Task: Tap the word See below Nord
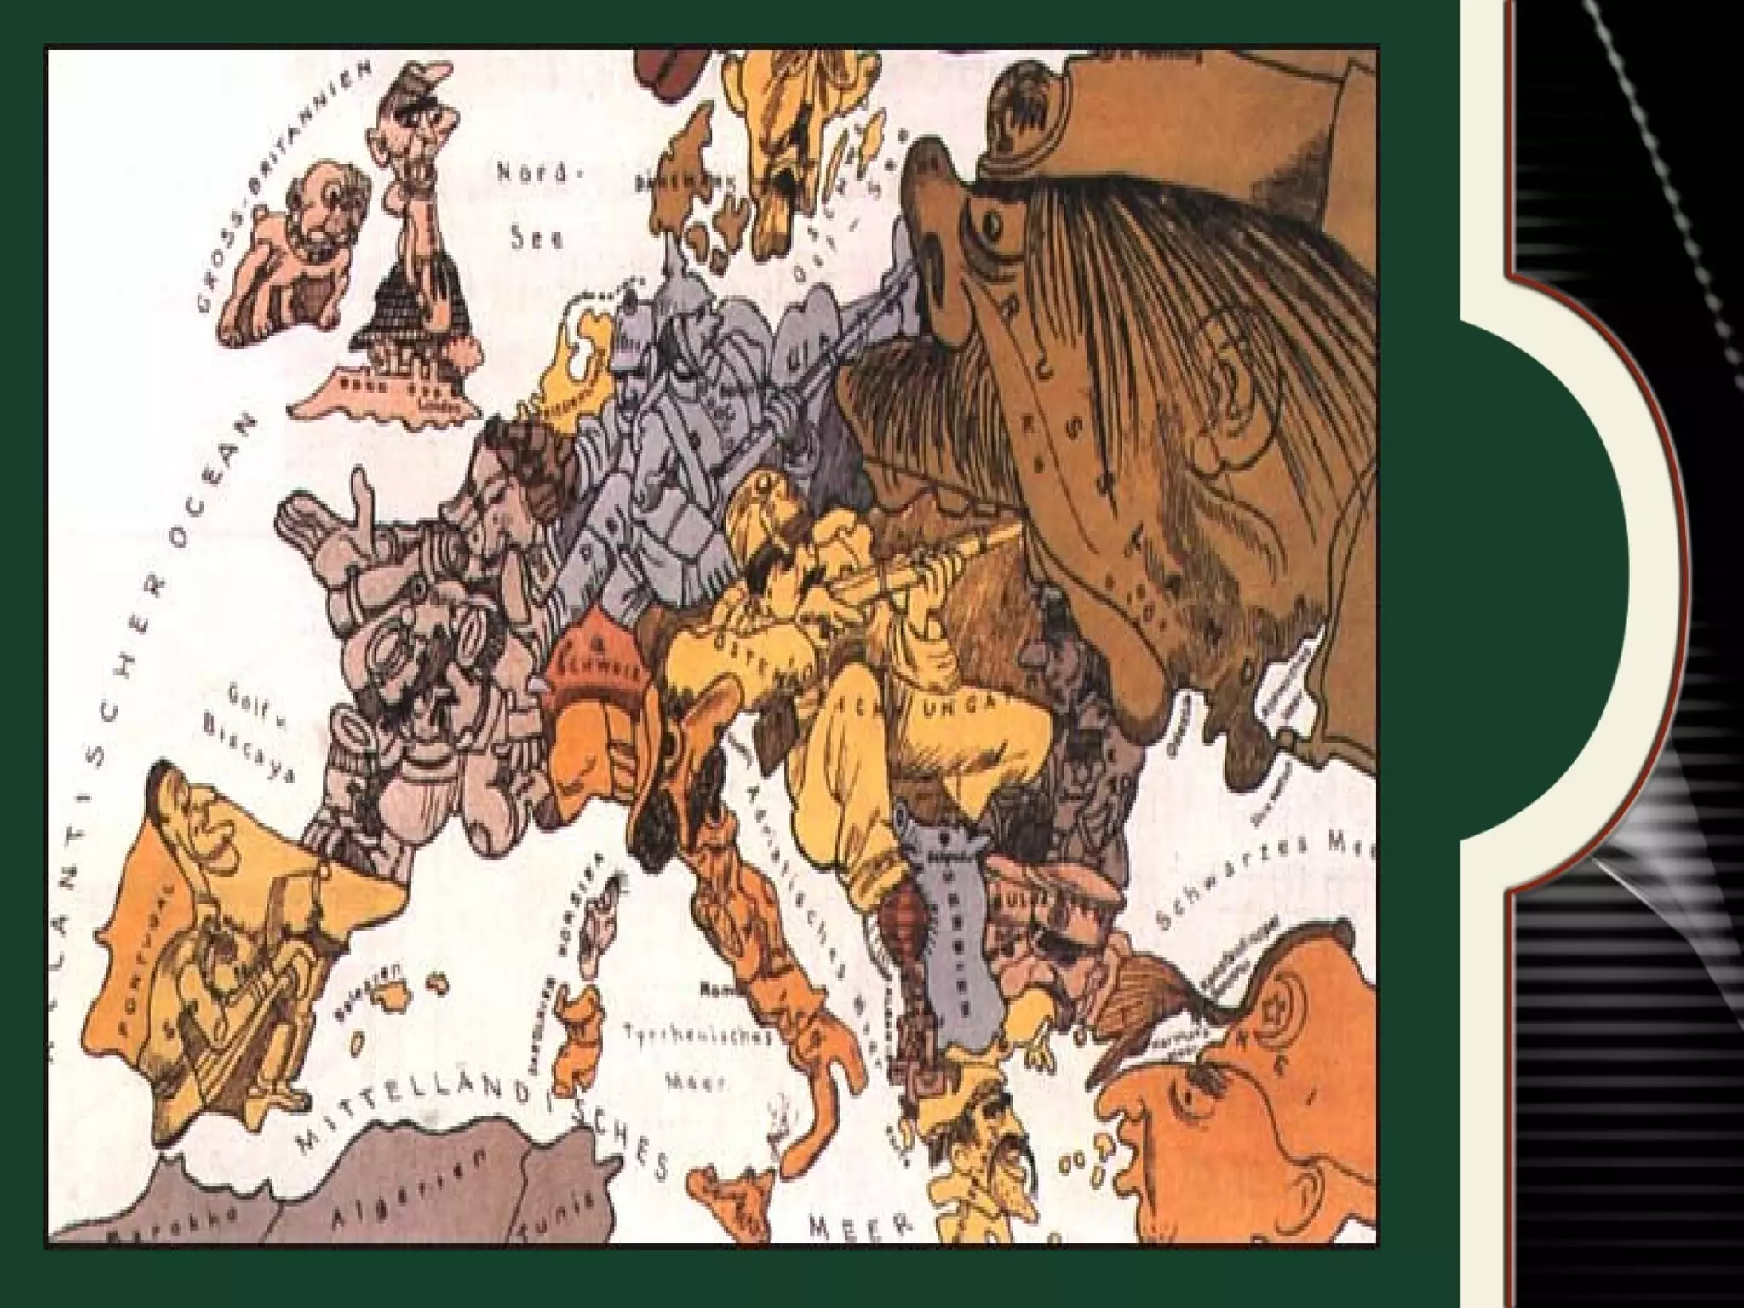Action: pos(536,239)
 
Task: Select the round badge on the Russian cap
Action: pos(1027,106)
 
